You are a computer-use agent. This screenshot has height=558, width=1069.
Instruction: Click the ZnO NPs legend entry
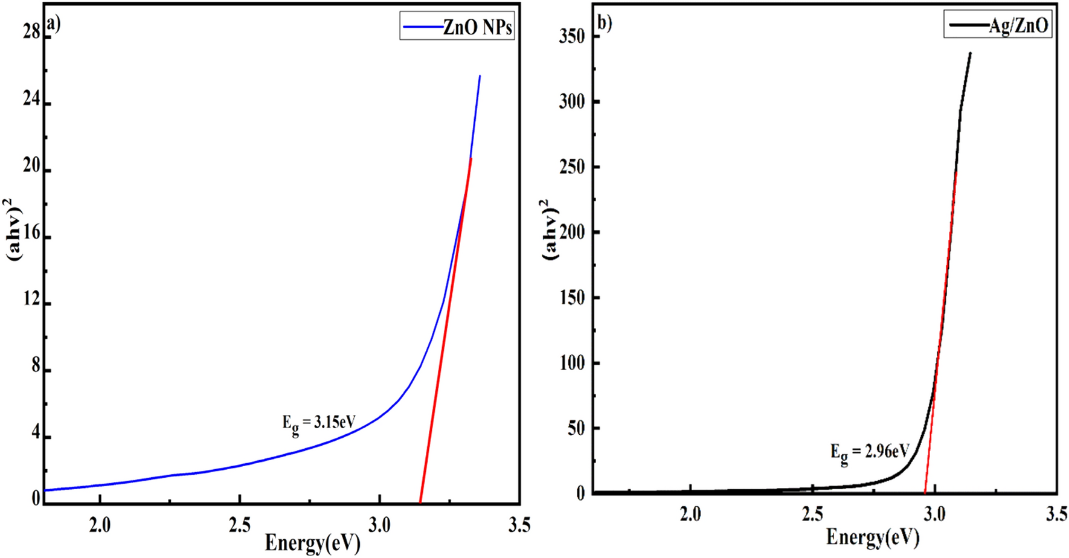pyautogui.click(x=457, y=27)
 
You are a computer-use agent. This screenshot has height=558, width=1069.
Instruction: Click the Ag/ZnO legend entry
pyautogui.click(x=998, y=25)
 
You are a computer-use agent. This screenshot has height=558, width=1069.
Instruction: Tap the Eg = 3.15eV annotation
pyautogui.click(x=318, y=423)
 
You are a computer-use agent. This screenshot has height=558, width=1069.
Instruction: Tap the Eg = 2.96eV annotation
pyautogui.click(x=869, y=452)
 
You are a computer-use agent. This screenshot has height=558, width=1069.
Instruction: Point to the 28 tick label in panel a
pyautogui.click(x=31, y=32)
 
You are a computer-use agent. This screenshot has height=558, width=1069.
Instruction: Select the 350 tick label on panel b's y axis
pyautogui.click(x=572, y=36)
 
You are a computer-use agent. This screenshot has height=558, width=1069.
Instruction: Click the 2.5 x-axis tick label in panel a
pyautogui.click(x=239, y=526)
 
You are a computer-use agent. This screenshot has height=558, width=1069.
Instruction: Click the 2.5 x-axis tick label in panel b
pyautogui.click(x=812, y=515)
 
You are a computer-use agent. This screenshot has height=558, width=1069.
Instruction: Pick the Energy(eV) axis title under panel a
pyautogui.click(x=312, y=543)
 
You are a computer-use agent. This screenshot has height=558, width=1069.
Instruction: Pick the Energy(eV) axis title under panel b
pyautogui.click(x=872, y=536)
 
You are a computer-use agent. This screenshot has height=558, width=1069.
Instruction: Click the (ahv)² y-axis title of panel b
pyautogui.click(x=550, y=229)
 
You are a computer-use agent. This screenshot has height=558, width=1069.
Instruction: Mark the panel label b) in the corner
pyautogui.click(x=604, y=23)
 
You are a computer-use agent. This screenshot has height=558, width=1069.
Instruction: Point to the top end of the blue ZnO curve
pyautogui.click(x=480, y=76)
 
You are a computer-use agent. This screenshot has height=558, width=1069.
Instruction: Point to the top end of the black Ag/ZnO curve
pyautogui.click(x=970, y=53)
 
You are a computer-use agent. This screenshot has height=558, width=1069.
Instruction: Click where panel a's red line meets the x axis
pyautogui.click(x=420, y=502)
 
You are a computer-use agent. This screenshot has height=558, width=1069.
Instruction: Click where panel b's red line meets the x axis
pyautogui.click(x=925, y=493)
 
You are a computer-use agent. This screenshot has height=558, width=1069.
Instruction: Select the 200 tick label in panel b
pyautogui.click(x=572, y=232)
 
